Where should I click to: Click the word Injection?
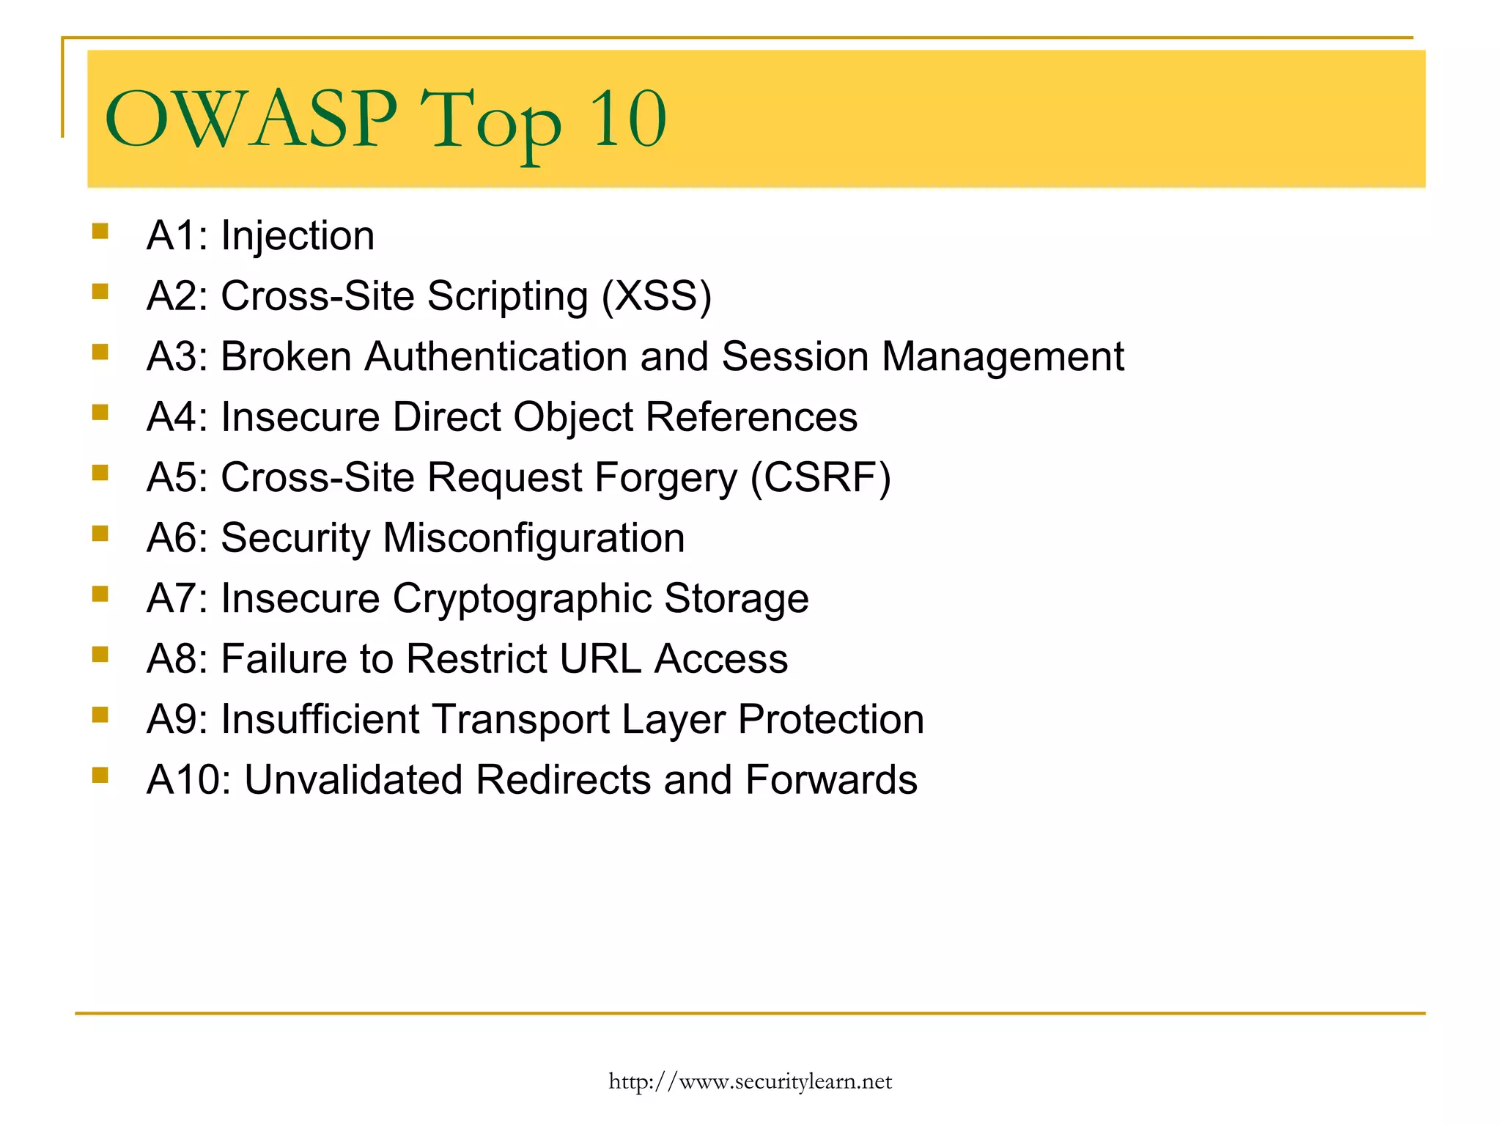pos(298,236)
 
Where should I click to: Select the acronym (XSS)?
pos(657,296)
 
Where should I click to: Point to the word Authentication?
pos(495,357)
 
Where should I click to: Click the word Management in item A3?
pos(1002,357)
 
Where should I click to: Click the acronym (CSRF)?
pos(820,478)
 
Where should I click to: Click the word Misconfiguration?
pos(534,539)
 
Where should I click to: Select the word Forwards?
pos(831,780)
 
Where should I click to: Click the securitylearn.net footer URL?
pos(750,1081)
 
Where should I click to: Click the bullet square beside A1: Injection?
pos(100,232)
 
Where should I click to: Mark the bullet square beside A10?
pos(100,775)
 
